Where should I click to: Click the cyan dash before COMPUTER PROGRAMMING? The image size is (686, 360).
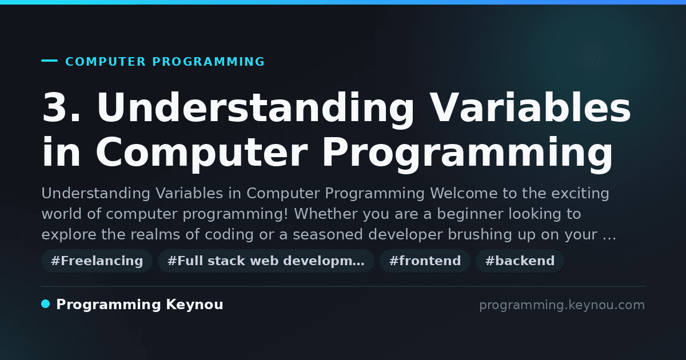[49, 61]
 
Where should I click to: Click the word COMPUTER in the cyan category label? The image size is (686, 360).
[106, 62]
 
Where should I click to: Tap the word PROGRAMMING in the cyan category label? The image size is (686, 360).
[209, 62]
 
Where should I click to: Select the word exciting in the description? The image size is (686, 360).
[580, 194]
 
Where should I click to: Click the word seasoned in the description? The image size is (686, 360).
[328, 234]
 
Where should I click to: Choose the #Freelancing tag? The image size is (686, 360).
[97, 261]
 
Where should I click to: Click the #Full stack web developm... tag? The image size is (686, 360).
[266, 261]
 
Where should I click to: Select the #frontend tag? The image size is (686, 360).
[425, 261]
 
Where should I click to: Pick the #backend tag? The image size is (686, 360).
[520, 261]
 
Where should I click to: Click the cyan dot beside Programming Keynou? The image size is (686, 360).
[45, 304]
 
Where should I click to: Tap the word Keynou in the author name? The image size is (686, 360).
[194, 305]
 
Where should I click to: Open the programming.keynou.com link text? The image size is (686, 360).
[562, 305]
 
